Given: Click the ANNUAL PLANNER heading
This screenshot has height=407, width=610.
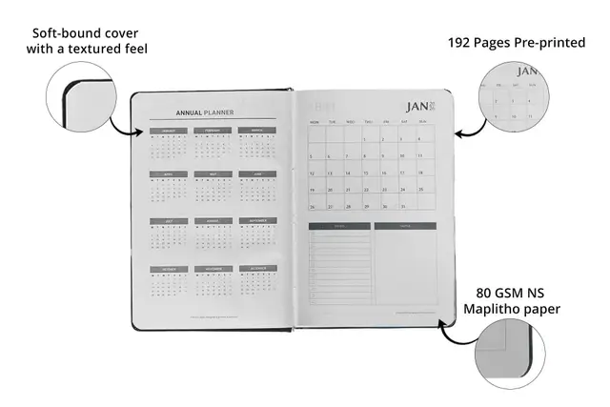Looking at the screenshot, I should (205, 110).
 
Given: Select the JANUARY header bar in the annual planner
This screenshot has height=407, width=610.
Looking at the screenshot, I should (169, 131).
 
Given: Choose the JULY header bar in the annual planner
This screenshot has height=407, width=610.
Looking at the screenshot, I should (168, 221).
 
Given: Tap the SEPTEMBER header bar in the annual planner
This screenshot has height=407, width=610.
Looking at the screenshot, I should (257, 221).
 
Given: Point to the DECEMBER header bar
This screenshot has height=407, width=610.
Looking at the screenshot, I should (257, 269).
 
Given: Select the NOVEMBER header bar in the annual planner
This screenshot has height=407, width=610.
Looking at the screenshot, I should (213, 269).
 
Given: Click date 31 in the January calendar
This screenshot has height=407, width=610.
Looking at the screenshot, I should (404, 207).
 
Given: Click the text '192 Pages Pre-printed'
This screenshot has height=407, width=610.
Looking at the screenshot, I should (516, 43).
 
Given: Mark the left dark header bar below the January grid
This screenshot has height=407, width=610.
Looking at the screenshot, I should (339, 227).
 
